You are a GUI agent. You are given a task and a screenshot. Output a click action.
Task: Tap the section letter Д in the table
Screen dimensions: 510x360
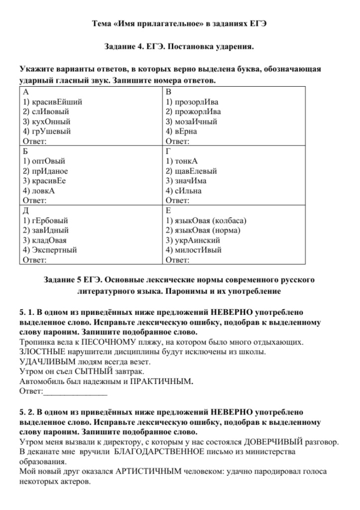click(x=26, y=211)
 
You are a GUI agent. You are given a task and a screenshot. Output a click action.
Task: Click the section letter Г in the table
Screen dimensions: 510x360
click(x=168, y=151)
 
